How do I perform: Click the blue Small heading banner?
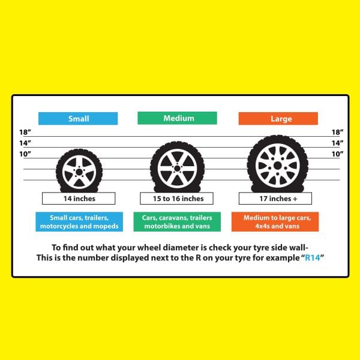tap(78, 118)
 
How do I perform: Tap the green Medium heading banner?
tap(179, 118)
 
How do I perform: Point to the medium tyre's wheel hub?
tap(174, 167)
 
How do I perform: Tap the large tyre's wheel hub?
tap(277, 164)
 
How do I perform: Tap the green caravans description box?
tap(179, 222)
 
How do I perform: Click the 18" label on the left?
tap(25, 132)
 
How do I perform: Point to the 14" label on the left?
tap(25, 143)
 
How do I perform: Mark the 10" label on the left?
tap(25, 155)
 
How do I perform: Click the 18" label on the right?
tap(337, 132)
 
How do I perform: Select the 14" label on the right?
tap(337, 143)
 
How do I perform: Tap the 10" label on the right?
tap(337, 155)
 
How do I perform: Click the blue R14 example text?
tap(297, 257)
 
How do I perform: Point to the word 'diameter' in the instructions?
tap(166, 247)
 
